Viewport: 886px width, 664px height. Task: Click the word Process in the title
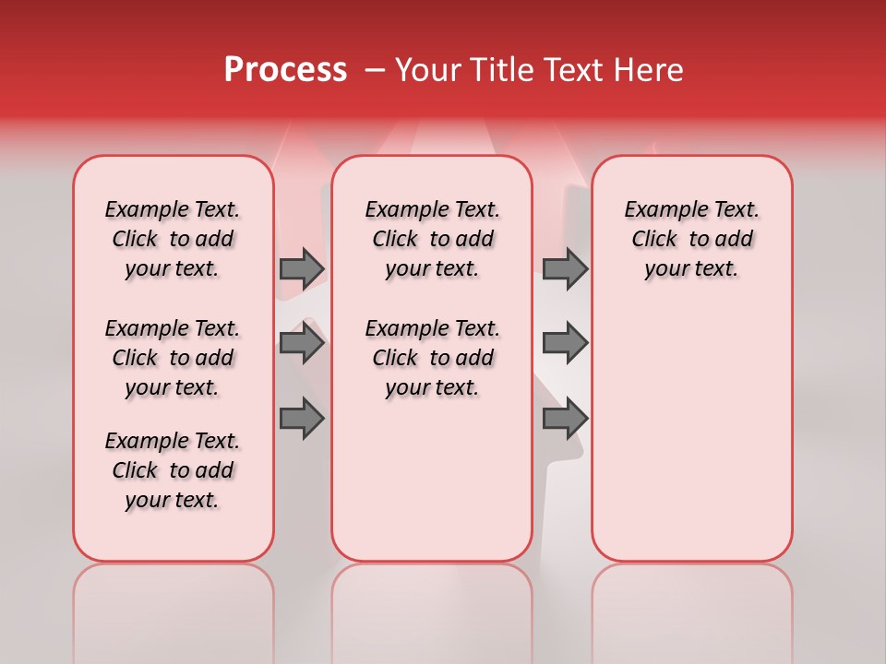[x=285, y=70]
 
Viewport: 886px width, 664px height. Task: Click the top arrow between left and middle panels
[x=302, y=268]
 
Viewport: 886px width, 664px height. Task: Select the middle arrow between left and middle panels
[x=302, y=344]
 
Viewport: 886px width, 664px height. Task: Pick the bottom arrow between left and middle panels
[x=302, y=419]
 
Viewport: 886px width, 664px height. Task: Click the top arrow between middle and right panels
[x=565, y=268]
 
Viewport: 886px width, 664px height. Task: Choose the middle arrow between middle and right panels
[x=565, y=344]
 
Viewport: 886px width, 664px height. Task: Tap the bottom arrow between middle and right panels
[x=565, y=419]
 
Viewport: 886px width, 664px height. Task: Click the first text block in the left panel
[x=173, y=239]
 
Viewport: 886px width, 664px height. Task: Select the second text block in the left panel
[x=173, y=358]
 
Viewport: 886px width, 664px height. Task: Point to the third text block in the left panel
[x=173, y=470]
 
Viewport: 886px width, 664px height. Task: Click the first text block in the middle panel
[x=432, y=239]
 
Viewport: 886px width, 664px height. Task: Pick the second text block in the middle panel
[x=432, y=358]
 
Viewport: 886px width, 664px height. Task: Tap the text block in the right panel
[x=691, y=239]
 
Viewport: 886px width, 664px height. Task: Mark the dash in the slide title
[x=375, y=70]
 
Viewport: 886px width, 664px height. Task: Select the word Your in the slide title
[x=427, y=70]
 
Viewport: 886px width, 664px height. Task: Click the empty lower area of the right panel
[x=691, y=433]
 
